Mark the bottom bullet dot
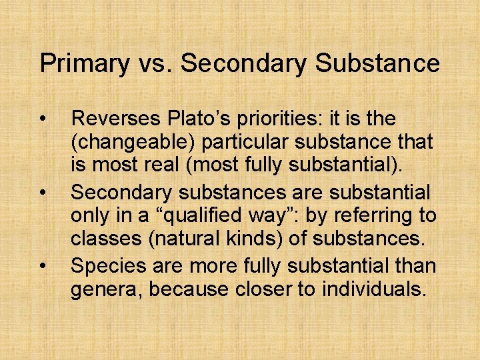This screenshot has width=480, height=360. pyautogui.click(x=43, y=267)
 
